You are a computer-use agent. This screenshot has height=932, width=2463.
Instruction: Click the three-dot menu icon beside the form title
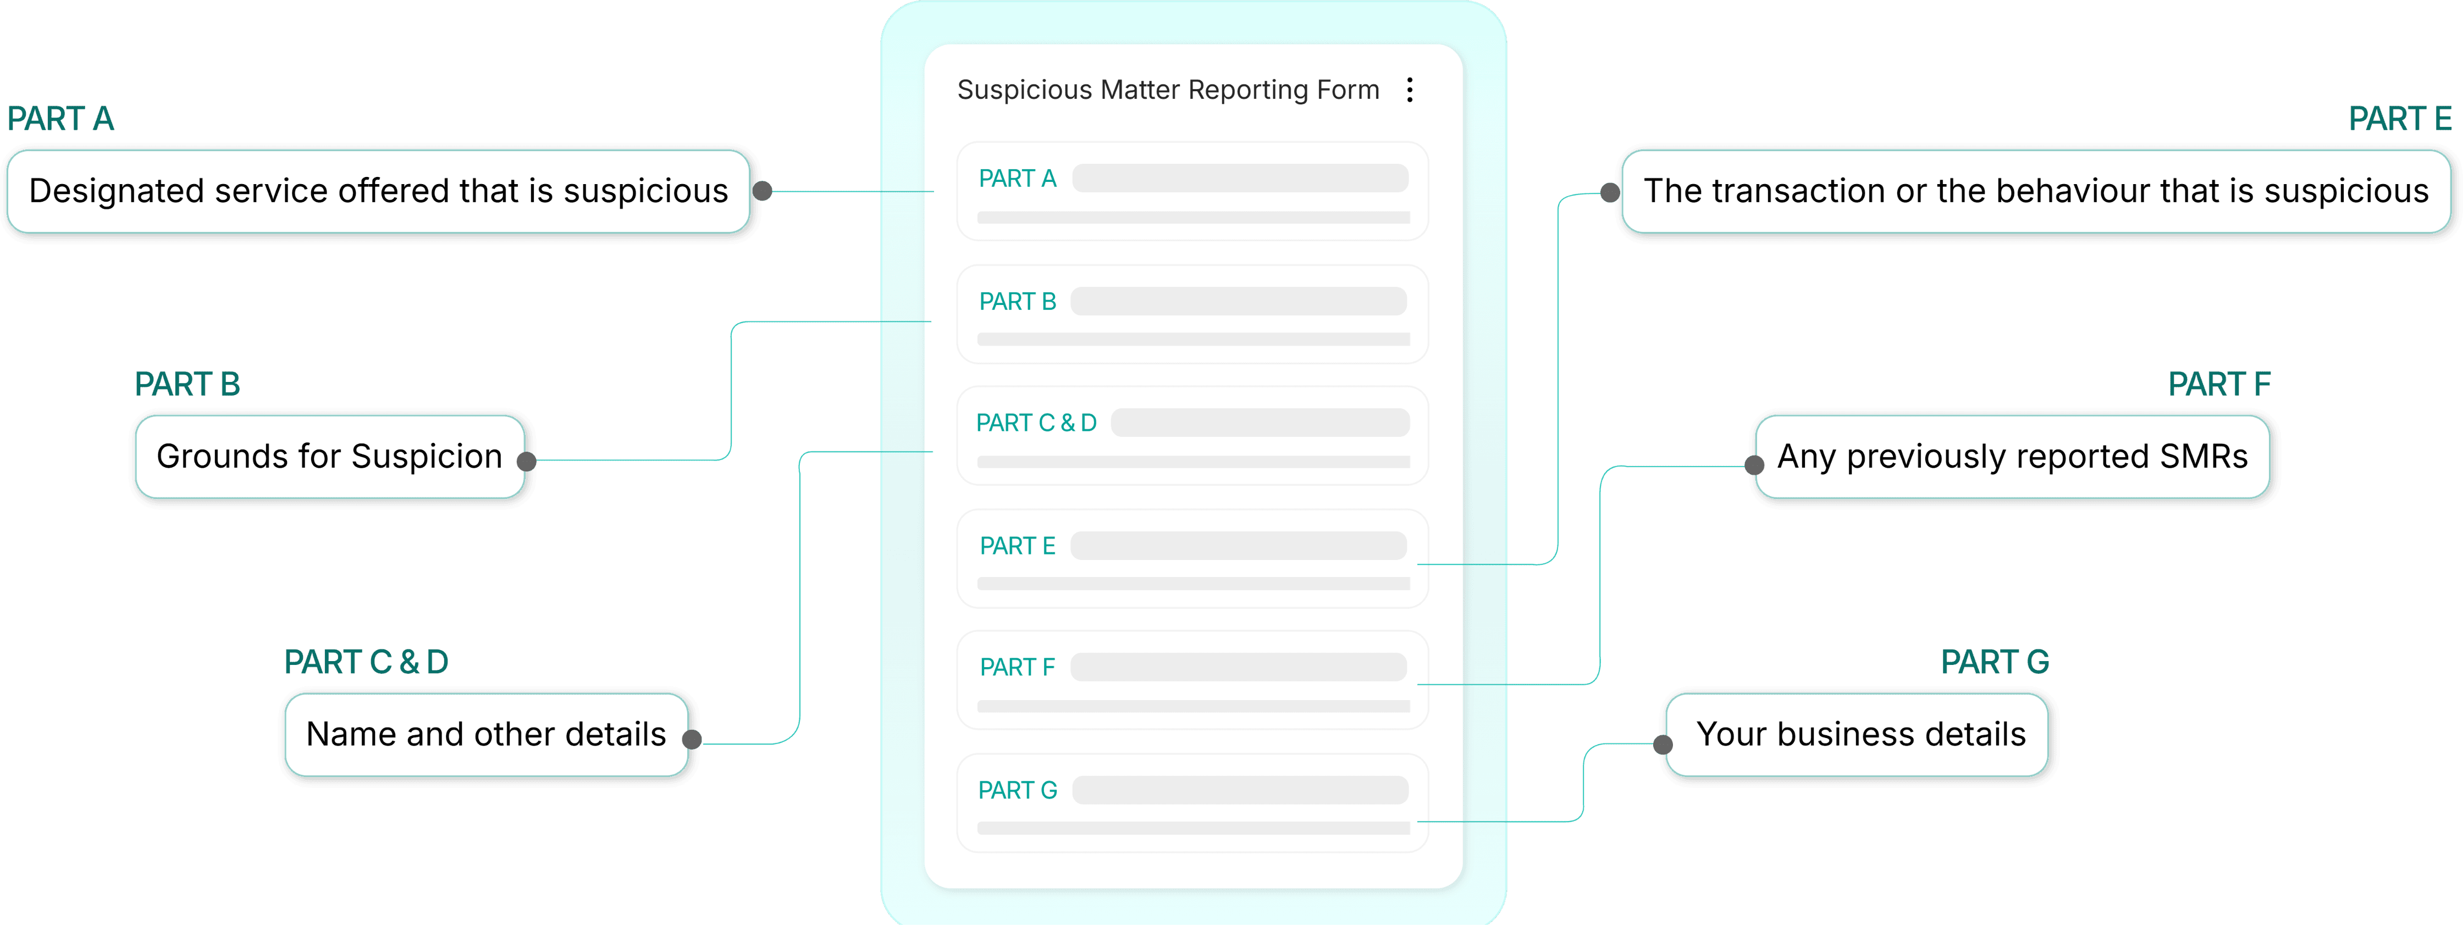1409,90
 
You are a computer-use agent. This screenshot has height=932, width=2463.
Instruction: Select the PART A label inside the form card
1017,179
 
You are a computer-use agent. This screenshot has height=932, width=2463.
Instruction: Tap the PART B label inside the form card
1017,302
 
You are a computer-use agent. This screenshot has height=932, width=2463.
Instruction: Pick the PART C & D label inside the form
1035,423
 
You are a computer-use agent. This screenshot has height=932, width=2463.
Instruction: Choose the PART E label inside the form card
1017,546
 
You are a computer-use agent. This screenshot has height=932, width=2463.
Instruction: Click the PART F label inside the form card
1017,667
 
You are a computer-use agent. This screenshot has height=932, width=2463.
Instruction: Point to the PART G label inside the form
1017,791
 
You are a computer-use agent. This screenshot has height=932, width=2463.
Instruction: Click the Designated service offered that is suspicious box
379,191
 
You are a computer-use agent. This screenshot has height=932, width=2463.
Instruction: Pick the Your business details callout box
1860,734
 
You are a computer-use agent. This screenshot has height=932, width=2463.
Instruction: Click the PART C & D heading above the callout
366,662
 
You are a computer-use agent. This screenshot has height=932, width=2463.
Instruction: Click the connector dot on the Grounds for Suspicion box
526,462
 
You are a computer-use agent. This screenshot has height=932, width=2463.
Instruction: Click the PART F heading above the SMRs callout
2218,384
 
